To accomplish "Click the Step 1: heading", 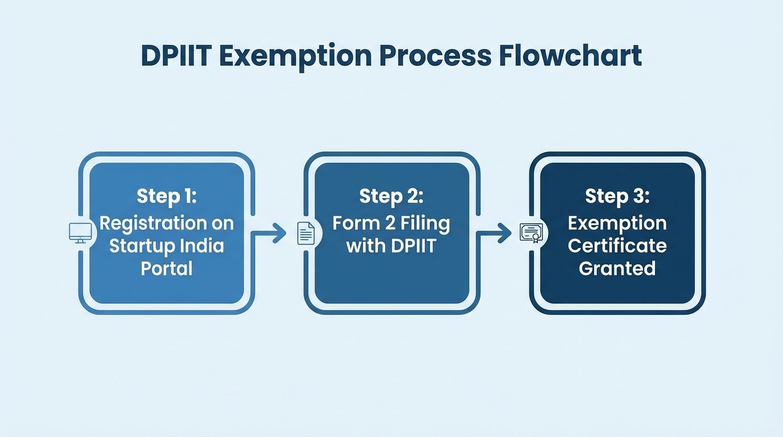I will pyautogui.click(x=166, y=196).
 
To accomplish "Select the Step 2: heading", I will pyautogui.click(x=391, y=196).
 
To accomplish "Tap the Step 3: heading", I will pyautogui.click(x=617, y=196).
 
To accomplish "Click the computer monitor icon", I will pyautogui.click(x=80, y=233).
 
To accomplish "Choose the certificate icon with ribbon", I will pyautogui.click(x=531, y=233).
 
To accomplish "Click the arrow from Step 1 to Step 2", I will pyautogui.click(x=269, y=233).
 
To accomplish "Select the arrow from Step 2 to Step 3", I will pyautogui.click(x=494, y=233).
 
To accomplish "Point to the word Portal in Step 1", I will pyautogui.click(x=166, y=268).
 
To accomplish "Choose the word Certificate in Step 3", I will pyautogui.click(x=617, y=246).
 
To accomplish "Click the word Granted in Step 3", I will pyautogui.click(x=617, y=268).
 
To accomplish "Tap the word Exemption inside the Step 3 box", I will pyautogui.click(x=617, y=223).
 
